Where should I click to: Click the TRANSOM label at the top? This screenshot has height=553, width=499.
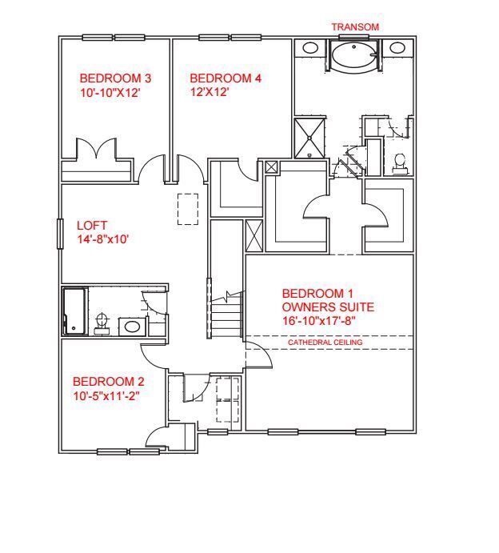point(355,27)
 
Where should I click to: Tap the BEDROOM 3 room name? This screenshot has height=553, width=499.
point(115,78)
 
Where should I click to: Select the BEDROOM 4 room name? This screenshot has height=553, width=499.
point(226,78)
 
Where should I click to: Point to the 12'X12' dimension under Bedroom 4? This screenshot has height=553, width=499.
point(210,92)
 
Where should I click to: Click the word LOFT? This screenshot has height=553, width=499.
point(92,226)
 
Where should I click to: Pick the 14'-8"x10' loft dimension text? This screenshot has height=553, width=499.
point(102,238)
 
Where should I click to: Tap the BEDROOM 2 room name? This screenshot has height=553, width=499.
point(109,381)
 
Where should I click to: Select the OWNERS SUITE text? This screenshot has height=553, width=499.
point(328,307)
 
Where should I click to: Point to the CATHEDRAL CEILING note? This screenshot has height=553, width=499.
point(325,343)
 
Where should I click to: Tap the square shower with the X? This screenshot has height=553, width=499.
point(310,138)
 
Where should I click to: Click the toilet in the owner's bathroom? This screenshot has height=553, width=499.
point(400,162)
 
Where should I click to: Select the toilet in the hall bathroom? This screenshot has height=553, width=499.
point(101,322)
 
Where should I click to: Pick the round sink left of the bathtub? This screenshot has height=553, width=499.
point(310,48)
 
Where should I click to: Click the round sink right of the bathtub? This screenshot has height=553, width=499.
point(398,48)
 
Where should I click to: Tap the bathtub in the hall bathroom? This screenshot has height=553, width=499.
point(74,311)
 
